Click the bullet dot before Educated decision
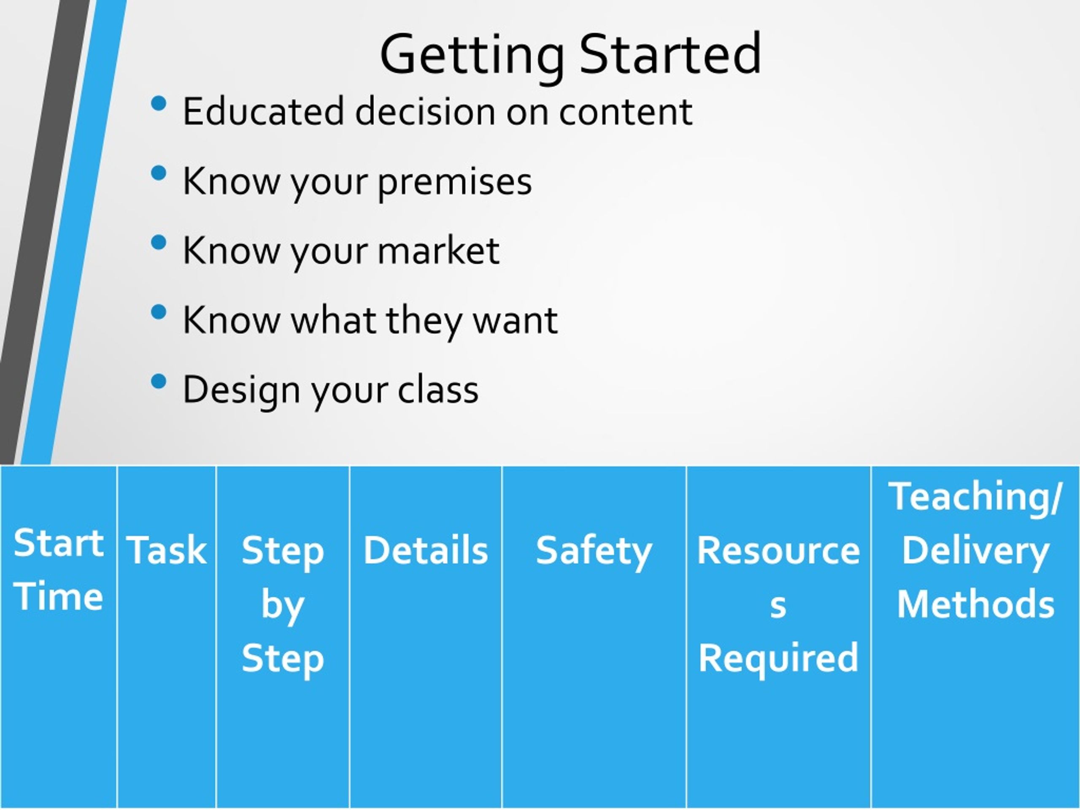[159, 103]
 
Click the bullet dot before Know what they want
[159, 312]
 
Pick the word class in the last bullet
[438, 389]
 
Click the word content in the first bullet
[626, 112]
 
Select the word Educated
[264, 111]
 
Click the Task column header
[167, 550]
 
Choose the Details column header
[426, 550]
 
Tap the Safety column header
[594, 552]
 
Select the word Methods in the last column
[975, 603]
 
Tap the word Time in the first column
[59, 596]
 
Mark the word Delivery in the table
[975, 552]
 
